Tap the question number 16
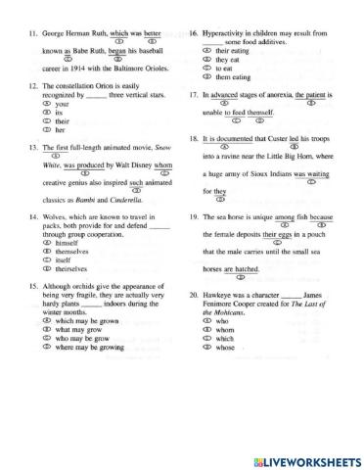[195, 33]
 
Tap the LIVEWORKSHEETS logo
[299, 459]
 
